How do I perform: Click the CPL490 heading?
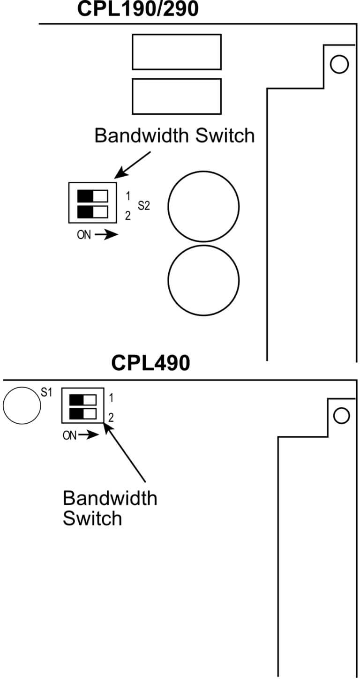pos(150,363)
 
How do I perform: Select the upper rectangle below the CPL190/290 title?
pos(176,52)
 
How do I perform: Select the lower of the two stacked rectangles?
pos(176,96)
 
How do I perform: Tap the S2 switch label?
pos(144,205)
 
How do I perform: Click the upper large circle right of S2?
pos(203,206)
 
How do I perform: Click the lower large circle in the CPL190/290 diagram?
pos(203,280)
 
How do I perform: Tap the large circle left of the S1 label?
pos(21,405)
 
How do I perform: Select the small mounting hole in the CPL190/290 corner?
pos(339,64)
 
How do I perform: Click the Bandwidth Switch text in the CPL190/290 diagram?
pos(174,136)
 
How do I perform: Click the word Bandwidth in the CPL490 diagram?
pos(110,498)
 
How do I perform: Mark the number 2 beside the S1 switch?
pos(111,417)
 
